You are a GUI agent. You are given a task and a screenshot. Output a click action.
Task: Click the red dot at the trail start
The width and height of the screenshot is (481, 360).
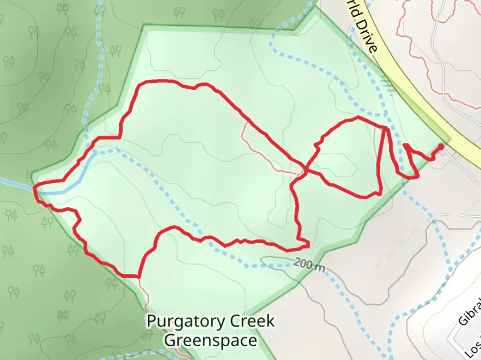coord(441,146)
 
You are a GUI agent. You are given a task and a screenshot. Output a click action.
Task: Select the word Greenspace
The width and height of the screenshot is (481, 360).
coord(211,341)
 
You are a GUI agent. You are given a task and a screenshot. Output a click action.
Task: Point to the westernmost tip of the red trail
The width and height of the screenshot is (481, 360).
coord(34,188)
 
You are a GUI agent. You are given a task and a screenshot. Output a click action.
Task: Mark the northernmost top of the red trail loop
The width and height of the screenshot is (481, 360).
coord(157,81)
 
